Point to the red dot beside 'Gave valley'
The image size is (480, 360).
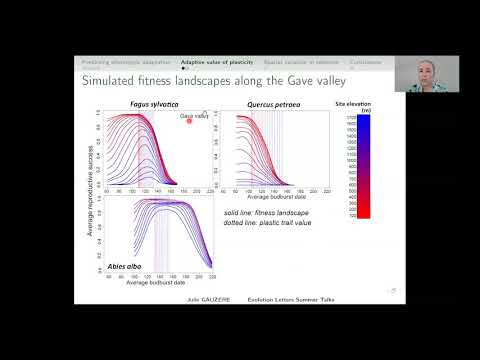189,123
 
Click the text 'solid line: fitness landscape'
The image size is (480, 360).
265,213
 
